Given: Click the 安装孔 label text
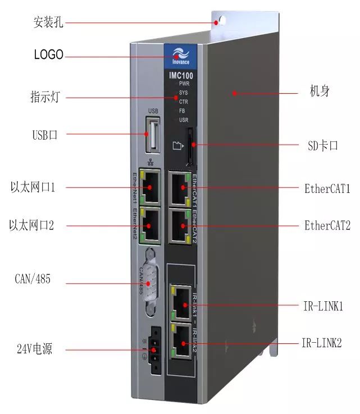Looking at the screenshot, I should [x=48, y=23].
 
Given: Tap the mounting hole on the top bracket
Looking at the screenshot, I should [x=221, y=21].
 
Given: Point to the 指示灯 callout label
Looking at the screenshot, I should [x=45, y=98].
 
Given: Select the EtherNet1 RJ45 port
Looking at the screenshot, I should [x=150, y=188].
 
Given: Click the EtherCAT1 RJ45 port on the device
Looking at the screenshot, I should [x=181, y=187].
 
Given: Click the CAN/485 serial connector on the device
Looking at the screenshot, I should [x=148, y=283].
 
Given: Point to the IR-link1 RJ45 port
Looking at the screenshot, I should [x=181, y=305].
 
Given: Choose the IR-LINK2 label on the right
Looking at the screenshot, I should [x=322, y=342].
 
